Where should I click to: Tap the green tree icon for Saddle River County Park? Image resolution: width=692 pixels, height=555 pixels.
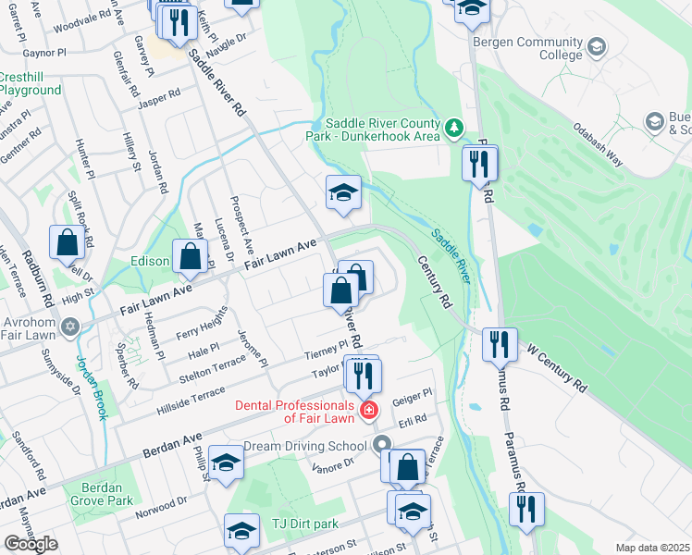click(x=453, y=128)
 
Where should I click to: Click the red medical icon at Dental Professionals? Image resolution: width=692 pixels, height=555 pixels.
click(x=369, y=410)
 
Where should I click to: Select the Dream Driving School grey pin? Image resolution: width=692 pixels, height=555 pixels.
click(x=383, y=445)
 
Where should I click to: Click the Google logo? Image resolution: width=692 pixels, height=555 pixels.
click(x=30, y=544)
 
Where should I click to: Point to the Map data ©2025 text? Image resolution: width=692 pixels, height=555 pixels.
click(x=652, y=548)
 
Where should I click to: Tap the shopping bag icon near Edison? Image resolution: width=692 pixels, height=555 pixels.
click(x=191, y=259)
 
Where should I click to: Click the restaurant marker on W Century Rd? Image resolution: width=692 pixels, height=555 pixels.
click(x=500, y=345)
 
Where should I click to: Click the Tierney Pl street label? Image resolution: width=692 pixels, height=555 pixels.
click(x=326, y=350)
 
